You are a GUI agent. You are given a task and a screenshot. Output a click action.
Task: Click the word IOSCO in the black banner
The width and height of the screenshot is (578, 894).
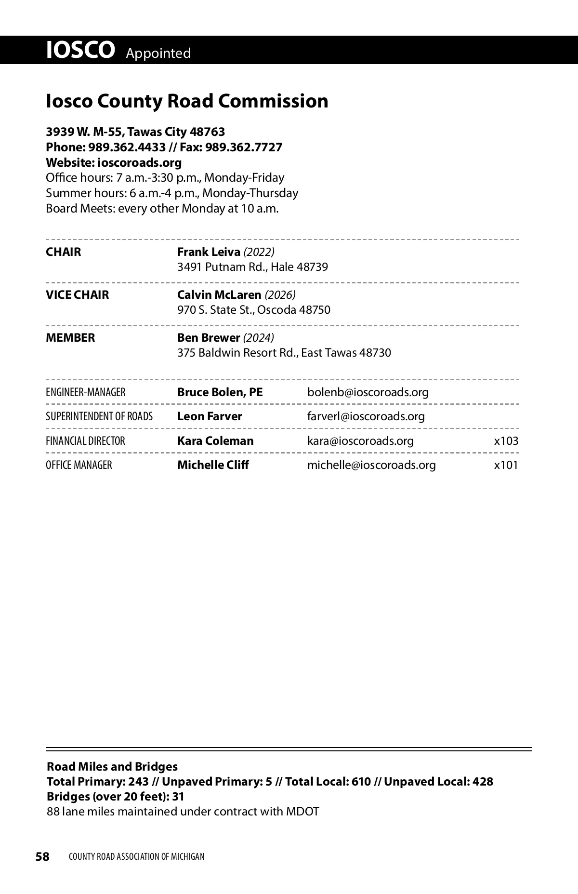(80, 50)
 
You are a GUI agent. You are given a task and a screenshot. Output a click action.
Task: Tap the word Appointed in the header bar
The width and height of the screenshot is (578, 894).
(158, 53)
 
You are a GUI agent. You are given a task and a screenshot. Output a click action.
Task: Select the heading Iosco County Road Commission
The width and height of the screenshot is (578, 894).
(187, 101)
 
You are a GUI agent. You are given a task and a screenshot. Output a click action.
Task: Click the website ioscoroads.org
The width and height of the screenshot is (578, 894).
(136, 162)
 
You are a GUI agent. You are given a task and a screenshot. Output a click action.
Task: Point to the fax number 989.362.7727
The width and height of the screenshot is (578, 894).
(244, 147)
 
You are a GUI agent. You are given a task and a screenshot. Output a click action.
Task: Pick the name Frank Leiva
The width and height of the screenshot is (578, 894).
(209, 252)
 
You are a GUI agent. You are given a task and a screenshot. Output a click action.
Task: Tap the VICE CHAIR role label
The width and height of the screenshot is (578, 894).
(78, 294)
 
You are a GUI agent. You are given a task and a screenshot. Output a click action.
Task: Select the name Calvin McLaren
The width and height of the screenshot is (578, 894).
(219, 294)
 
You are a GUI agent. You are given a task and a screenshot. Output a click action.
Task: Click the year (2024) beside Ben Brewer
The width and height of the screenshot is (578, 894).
(259, 337)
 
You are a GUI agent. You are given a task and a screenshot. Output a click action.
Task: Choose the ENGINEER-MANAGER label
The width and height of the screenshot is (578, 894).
(85, 392)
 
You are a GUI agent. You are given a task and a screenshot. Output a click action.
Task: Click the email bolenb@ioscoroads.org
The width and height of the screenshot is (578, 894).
(368, 392)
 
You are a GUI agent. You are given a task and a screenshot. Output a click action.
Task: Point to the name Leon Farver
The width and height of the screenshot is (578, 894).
(210, 416)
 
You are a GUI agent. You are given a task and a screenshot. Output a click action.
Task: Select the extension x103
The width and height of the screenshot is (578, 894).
(506, 441)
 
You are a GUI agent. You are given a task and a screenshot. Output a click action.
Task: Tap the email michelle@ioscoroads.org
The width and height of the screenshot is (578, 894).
(371, 465)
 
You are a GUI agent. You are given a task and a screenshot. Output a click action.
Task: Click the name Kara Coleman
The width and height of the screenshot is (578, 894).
(215, 441)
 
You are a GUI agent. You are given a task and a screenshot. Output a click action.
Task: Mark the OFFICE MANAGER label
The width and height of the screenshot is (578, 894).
(79, 465)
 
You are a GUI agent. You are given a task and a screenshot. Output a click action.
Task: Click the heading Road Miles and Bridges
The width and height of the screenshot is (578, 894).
(112, 767)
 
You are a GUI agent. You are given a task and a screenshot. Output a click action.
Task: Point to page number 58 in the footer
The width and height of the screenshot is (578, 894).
(42, 856)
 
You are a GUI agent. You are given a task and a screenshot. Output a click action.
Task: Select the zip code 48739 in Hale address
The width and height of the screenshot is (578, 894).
(312, 267)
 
